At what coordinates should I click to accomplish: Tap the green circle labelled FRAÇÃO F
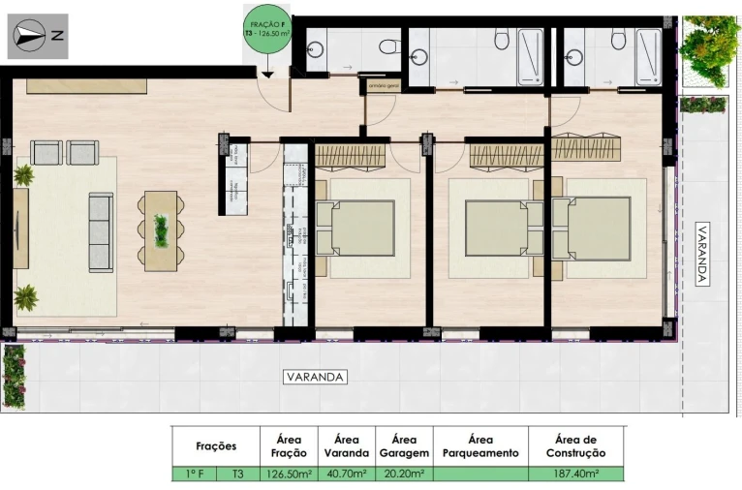[x=265, y=33]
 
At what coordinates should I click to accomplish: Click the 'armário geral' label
[x=381, y=85]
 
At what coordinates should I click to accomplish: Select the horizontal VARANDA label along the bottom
[x=315, y=377]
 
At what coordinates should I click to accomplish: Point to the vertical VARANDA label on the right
[x=702, y=255]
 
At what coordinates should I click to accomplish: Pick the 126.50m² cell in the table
[x=289, y=475]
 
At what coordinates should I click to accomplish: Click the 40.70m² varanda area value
[x=347, y=475]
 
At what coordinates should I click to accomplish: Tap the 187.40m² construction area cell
[x=575, y=475]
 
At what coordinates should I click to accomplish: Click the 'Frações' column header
[x=216, y=446]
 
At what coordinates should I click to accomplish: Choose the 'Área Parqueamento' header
[x=479, y=445]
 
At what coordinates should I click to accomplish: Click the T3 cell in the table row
[x=238, y=475]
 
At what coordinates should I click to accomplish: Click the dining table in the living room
[x=161, y=230]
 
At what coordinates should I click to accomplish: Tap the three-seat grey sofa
[x=101, y=231]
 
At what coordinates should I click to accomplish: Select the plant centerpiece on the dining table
[x=161, y=230]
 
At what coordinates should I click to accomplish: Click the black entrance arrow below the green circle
[x=265, y=72]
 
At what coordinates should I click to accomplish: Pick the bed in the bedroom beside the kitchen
[x=356, y=229]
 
